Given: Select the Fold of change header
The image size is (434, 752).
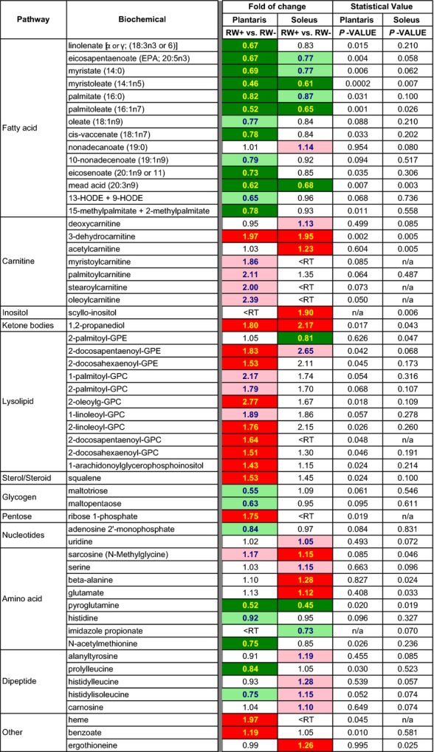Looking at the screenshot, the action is (x=277, y=7).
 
